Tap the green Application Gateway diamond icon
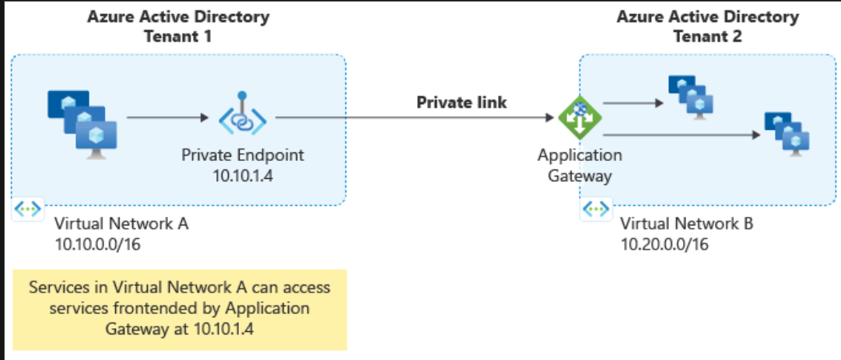pos(579,118)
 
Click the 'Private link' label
pos(461,103)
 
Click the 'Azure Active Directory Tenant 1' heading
pos(178,26)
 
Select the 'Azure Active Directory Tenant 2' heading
pos(707,26)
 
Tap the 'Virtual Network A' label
pos(121,225)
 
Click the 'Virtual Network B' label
pos(687,225)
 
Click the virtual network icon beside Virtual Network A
pos(28,210)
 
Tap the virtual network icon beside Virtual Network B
pos(595,210)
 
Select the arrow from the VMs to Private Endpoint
pos(167,118)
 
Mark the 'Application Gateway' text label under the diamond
pos(580,165)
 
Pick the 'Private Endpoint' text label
pos(243,155)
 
